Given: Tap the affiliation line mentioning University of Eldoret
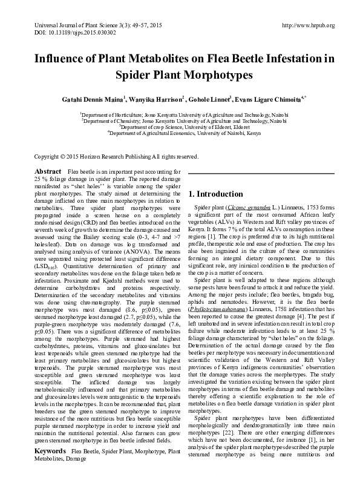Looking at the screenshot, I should (x=180, y=127).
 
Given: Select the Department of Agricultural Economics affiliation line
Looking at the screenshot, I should (x=180, y=133).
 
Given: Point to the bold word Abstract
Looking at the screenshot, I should (x=48, y=172).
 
